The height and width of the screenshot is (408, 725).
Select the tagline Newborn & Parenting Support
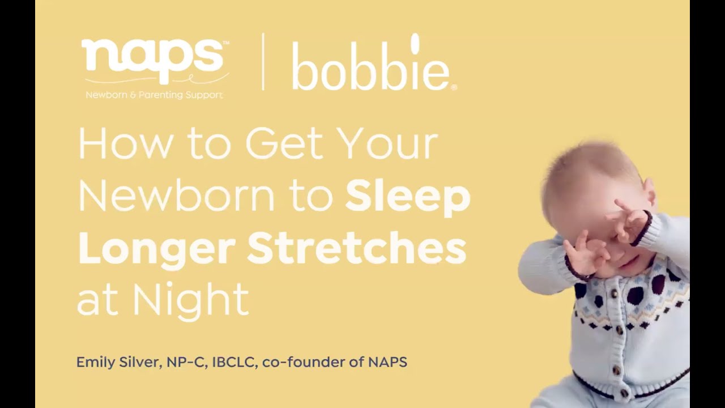[154, 95]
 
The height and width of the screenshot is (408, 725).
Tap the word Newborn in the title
[176, 195]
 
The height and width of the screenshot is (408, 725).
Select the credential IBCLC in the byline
[235, 362]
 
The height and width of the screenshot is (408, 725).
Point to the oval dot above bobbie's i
[415, 43]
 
